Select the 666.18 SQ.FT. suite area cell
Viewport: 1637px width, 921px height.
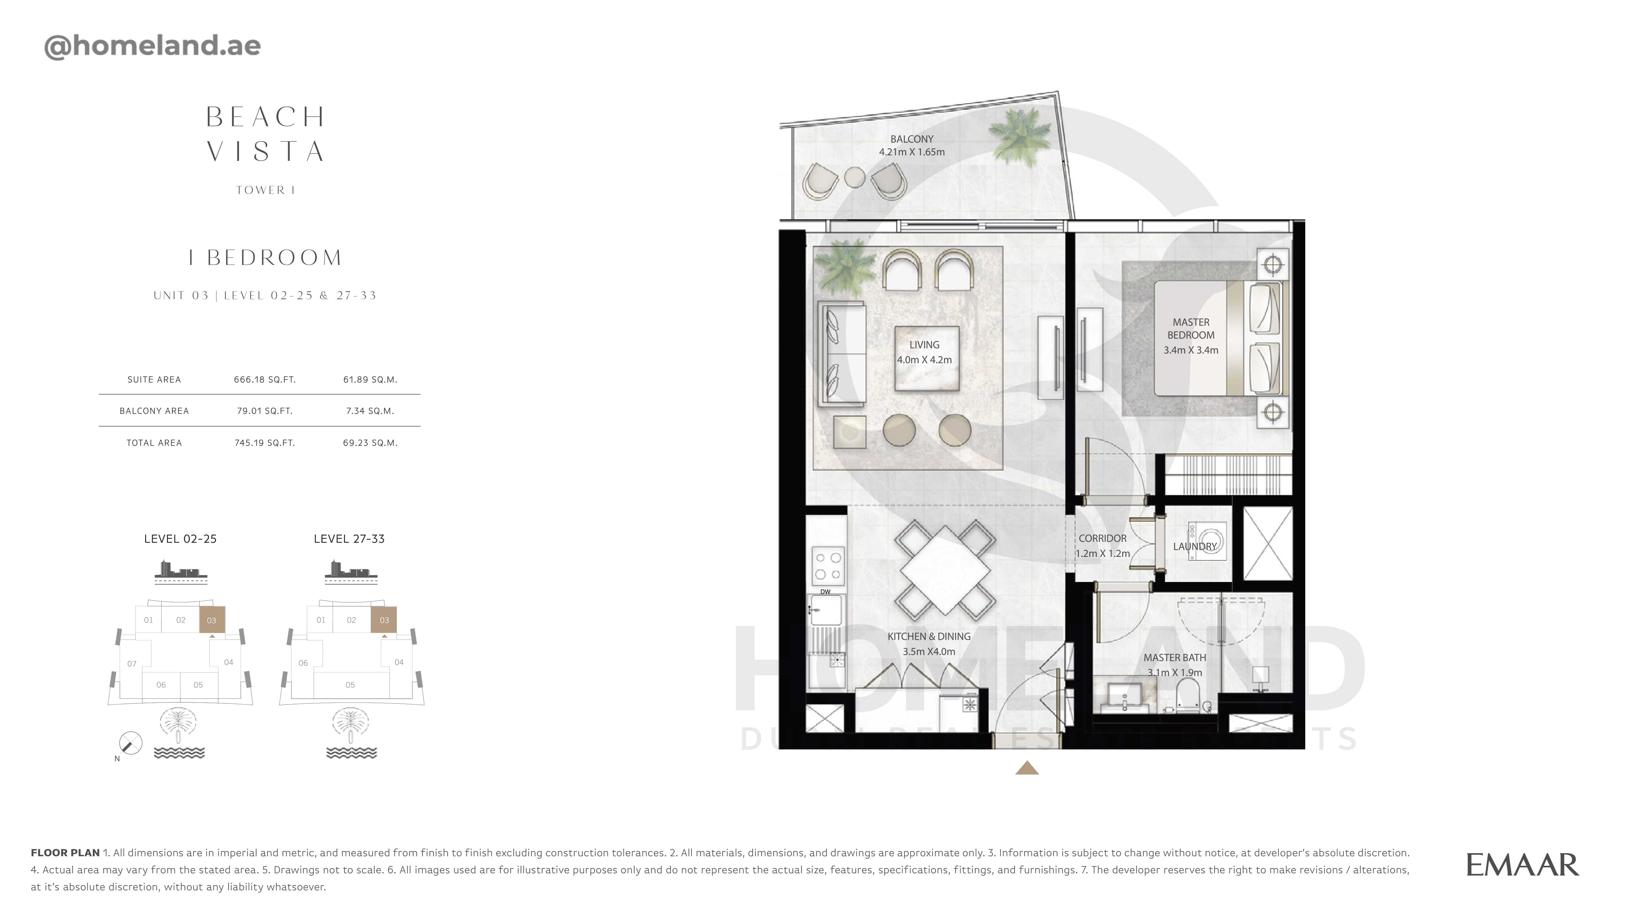pyautogui.click(x=264, y=379)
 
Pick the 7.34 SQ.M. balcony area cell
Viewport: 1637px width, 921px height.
pyautogui.click(x=370, y=410)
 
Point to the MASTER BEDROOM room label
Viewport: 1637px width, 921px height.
pyautogui.click(x=1191, y=328)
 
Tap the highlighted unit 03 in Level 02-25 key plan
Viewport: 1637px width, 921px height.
pyautogui.click(x=212, y=620)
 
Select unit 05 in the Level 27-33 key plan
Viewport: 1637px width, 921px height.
pyautogui.click(x=350, y=685)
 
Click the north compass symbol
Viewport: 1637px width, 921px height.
pyautogui.click(x=130, y=743)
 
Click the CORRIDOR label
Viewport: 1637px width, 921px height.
pyautogui.click(x=1103, y=538)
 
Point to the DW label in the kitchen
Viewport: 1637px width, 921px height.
pyautogui.click(x=825, y=592)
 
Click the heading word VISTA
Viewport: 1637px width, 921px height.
pyautogui.click(x=266, y=151)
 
